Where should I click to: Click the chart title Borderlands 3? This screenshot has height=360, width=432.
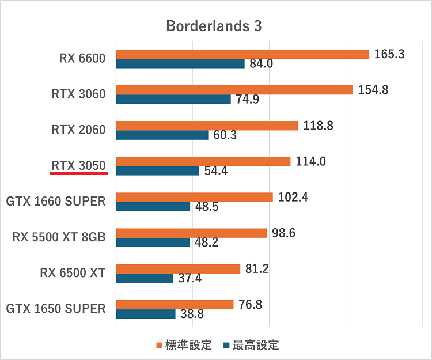[214, 26]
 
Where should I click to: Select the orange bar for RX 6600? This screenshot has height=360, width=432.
[242, 54]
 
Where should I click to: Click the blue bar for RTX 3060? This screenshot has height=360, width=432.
[173, 99]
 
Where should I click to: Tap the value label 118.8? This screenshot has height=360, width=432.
[319, 126]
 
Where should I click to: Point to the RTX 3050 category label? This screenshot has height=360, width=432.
[78, 166]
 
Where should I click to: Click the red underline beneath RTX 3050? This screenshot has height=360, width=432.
[78, 174]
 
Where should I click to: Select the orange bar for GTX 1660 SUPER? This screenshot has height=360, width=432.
[194, 198]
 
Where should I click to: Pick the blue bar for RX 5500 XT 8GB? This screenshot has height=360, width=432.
[153, 242]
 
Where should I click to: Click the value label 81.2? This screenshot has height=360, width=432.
[257, 269]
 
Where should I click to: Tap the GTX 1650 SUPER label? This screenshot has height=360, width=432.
[56, 309]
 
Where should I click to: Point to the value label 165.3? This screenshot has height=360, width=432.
[390, 54]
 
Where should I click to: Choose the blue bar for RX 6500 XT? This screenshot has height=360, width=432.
[145, 278]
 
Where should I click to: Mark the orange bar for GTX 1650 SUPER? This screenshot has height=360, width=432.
[175, 305]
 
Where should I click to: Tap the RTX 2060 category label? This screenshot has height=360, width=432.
[78, 130]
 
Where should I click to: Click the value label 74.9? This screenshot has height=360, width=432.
[248, 100]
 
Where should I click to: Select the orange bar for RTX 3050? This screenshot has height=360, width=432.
[203, 161]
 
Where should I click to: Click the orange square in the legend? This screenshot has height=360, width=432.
[160, 346]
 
